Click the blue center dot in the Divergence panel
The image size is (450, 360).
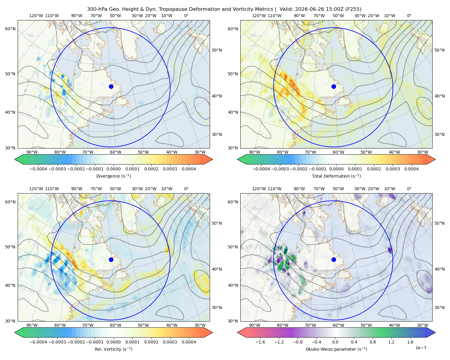click(111, 86)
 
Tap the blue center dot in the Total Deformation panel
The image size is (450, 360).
click(334, 86)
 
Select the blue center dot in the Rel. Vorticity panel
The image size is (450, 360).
click(111, 259)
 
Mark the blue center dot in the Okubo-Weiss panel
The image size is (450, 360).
click(334, 259)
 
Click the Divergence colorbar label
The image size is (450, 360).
click(113, 176)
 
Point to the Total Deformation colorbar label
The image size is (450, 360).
click(336, 176)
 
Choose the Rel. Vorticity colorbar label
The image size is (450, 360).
click(113, 349)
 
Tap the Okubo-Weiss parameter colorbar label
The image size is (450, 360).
click(336, 349)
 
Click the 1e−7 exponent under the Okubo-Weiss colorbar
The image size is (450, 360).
click(421, 348)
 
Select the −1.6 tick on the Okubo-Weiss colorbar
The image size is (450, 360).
click(260, 342)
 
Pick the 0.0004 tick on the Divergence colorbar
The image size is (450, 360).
click(189, 169)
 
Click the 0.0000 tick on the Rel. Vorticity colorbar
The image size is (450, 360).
click(113, 342)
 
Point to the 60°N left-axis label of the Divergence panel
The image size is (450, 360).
click(10, 29)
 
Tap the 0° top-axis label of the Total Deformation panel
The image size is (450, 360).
click(409, 16)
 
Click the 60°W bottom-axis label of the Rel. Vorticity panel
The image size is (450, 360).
click(115, 325)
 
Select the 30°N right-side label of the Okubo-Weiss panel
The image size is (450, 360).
click(439, 307)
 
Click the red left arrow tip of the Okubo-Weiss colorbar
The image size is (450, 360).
click(238, 332)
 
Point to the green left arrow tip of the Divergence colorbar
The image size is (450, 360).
click(15, 159)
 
